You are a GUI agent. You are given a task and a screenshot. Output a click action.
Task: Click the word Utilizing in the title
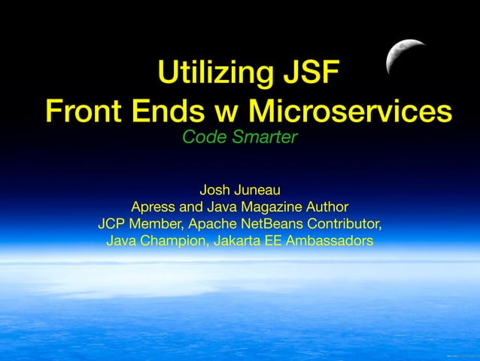click(209, 75)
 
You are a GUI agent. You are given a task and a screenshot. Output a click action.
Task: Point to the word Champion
click(174, 241)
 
